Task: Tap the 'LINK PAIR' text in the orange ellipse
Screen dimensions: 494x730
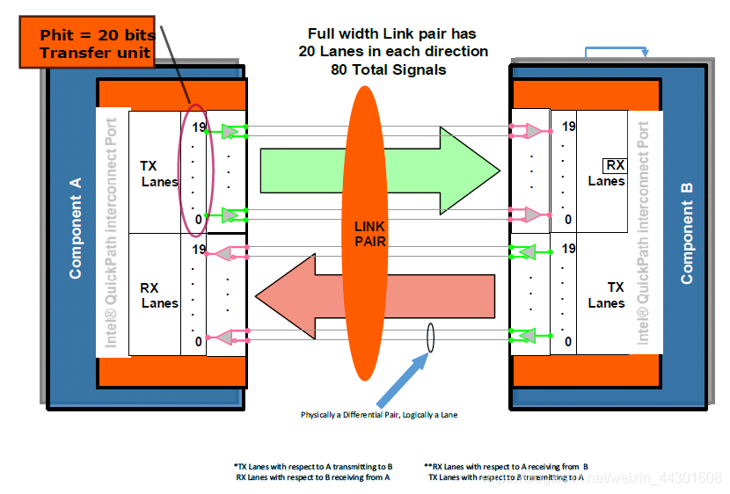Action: click(x=369, y=232)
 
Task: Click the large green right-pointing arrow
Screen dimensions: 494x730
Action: click(x=378, y=171)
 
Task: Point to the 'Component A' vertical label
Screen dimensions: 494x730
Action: click(x=76, y=228)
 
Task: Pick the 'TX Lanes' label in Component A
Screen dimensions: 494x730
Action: click(x=158, y=173)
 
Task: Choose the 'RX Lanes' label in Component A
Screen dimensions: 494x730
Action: click(x=159, y=294)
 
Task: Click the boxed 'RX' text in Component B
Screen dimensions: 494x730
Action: click(x=614, y=165)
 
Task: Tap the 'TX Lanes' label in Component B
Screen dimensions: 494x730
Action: click(x=606, y=294)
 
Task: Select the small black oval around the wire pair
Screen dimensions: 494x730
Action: click(x=430, y=338)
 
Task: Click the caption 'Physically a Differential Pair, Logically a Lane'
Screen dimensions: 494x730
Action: click(x=379, y=414)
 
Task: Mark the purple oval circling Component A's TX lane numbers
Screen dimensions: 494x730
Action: click(x=194, y=171)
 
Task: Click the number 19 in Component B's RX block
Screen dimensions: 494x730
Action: click(x=568, y=127)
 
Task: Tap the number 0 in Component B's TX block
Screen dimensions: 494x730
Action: click(x=568, y=341)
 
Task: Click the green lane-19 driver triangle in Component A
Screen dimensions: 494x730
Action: click(x=230, y=131)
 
